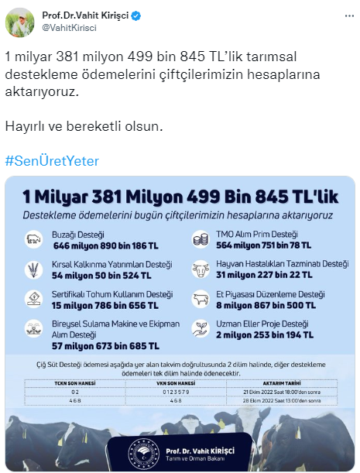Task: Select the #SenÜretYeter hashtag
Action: [x=52, y=161]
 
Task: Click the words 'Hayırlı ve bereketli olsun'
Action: [x=84, y=125]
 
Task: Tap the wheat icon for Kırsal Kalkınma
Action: [x=34, y=269]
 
